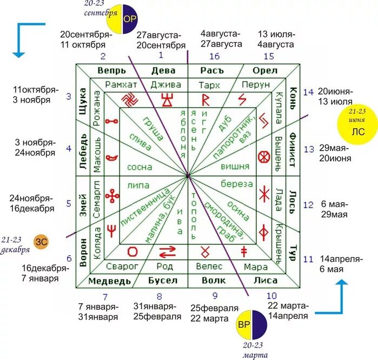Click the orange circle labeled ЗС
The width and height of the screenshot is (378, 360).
(x=41, y=242)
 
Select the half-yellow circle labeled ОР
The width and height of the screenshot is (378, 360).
(x=123, y=18)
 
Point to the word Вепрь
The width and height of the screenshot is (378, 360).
(x=112, y=71)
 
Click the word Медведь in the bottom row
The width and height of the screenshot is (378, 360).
(x=109, y=281)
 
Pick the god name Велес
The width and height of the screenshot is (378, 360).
(x=209, y=266)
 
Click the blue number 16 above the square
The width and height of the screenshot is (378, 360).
(x=215, y=56)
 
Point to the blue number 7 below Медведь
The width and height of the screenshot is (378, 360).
(x=105, y=296)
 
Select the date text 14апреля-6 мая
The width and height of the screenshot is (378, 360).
(x=341, y=264)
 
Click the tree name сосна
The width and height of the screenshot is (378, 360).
(x=140, y=167)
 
